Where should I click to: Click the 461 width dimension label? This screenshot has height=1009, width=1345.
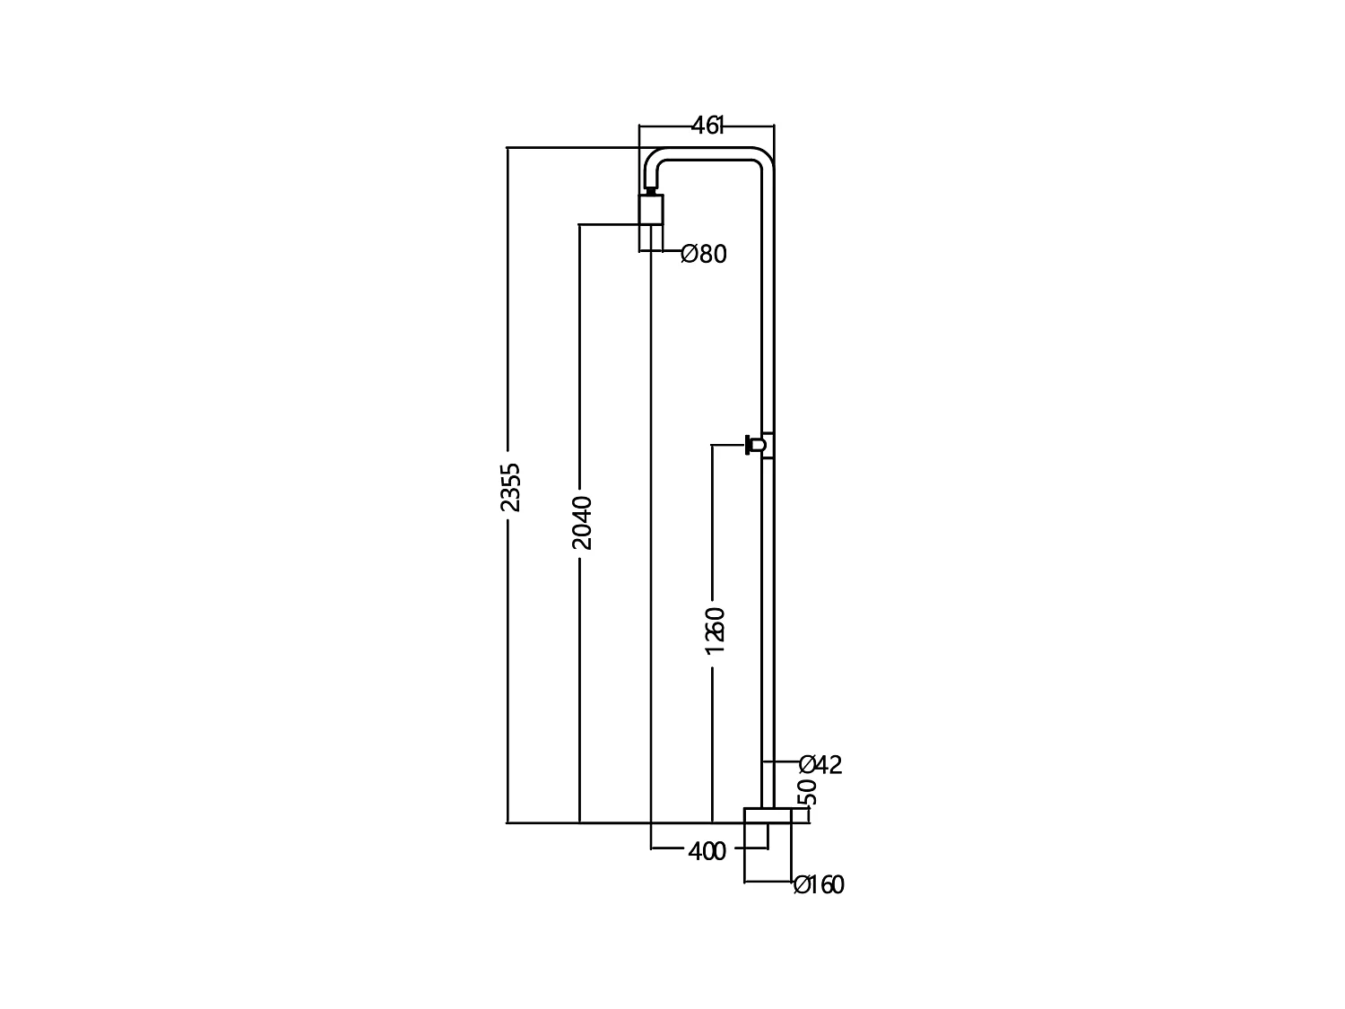pyautogui.click(x=707, y=126)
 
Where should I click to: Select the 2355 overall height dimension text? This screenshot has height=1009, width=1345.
pyautogui.click(x=509, y=487)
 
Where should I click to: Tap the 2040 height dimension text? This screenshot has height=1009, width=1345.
pyautogui.click(x=582, y=522)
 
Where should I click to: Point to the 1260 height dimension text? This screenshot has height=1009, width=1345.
pyautogui.click(x=715, y=630)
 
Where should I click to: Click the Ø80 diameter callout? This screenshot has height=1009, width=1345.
pyautogui.click(x=704, y=255)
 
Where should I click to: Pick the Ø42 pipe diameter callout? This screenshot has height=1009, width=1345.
pyautogui.click(x=820, y=765)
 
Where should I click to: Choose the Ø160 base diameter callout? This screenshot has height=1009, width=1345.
pyautogui.click(x=819, y=885)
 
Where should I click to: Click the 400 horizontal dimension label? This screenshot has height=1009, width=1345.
pyautogui.click(x=707, y=852)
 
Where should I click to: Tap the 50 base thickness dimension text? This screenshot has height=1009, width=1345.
pyautogui.click(x=807, y=792)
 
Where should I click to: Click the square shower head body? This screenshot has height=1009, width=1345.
pyautogui.click(x=651, y=210)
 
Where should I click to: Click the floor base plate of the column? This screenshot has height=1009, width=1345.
pyautogui.click(x=767, y=814)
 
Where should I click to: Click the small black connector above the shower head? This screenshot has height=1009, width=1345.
pyautogui.click(x=651, y=189)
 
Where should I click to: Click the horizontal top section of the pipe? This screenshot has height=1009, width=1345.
pyautogui.click(x=708, y=153)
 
